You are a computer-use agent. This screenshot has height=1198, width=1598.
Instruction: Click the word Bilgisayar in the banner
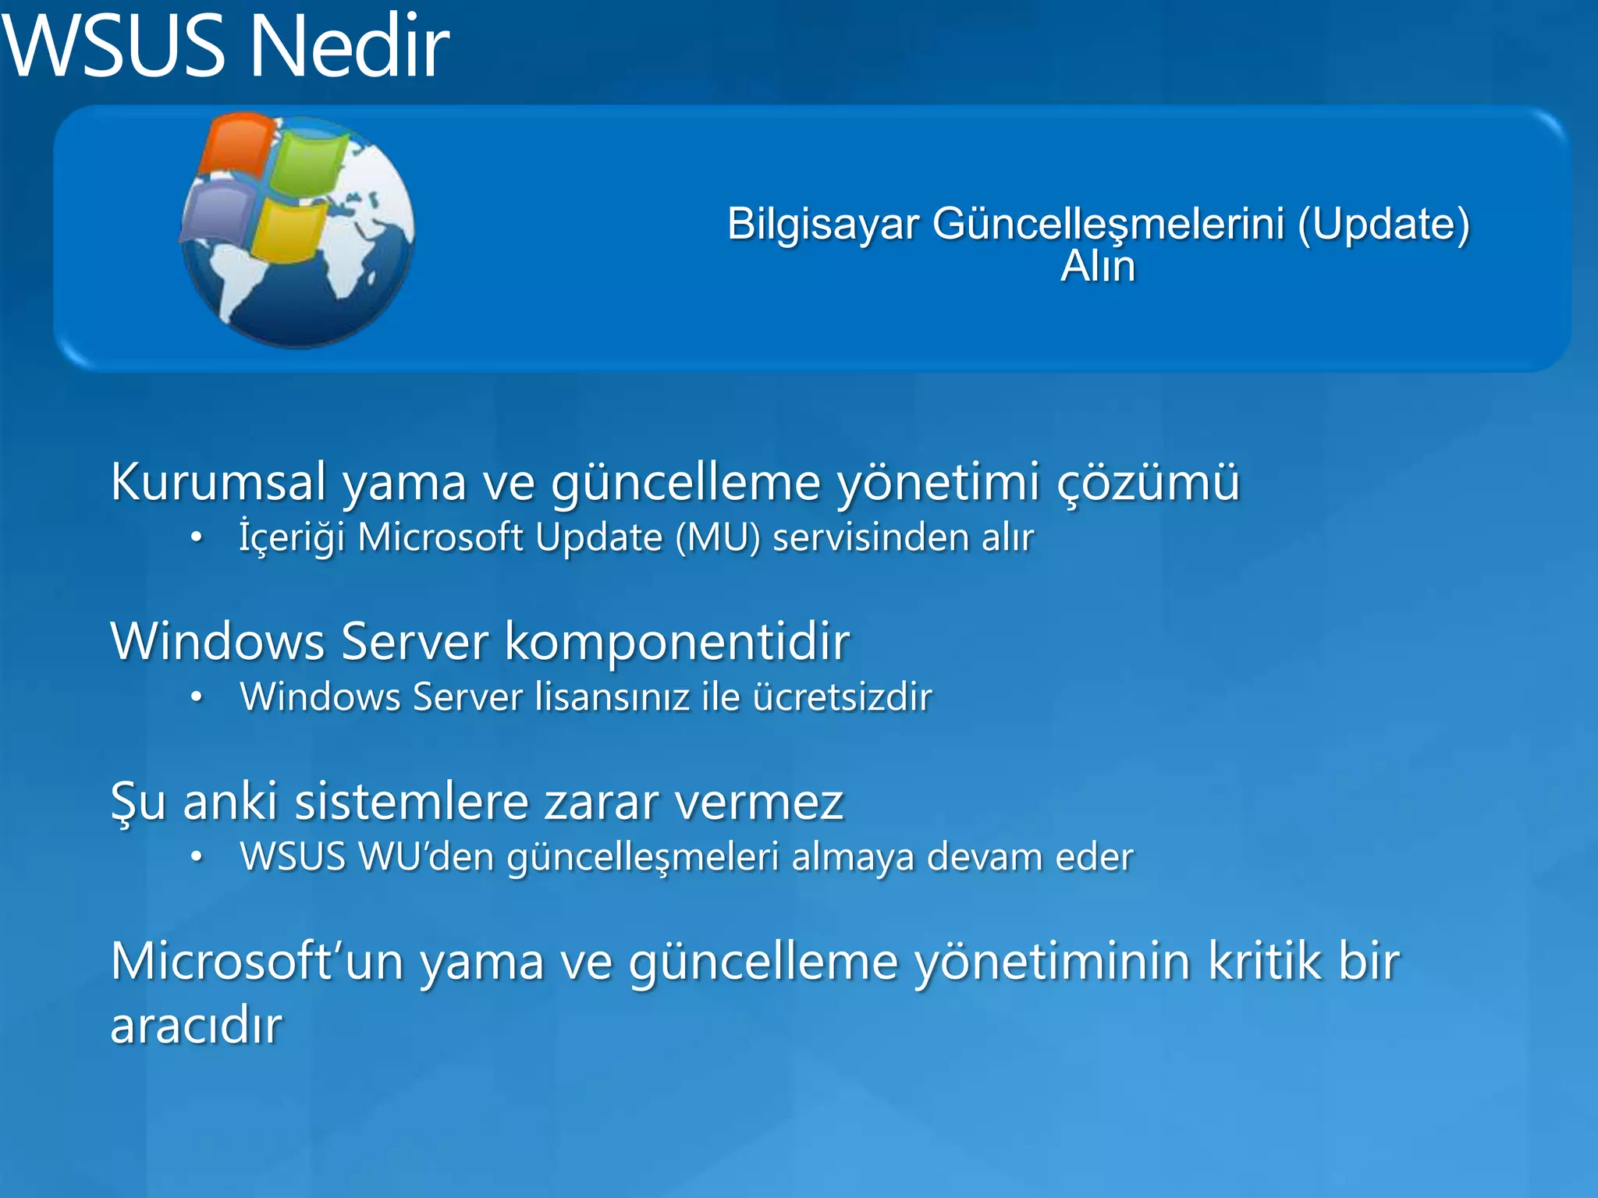pyautogui.click(x=823, y=225)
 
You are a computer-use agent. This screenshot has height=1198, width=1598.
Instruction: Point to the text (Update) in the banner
pyautogui.click(x=1384, y=225)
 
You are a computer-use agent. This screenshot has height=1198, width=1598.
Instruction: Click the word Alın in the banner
pyautogui.click(x=1098, y=266)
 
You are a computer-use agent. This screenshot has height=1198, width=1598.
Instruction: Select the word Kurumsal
pyautogui.click(x=218, y=481)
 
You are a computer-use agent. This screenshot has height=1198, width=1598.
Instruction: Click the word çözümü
pyautogui.click(x=1148, y=481)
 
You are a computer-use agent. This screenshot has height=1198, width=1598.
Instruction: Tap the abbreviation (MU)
pyautogui.click(x=717, y=537)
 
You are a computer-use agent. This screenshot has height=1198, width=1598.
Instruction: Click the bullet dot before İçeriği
pyautogui.click(x=197, y=537)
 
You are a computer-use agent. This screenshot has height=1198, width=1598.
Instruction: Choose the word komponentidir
pyautogui.click(x=677, y=641)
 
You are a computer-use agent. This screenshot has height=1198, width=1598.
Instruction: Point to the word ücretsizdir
pyautogui.click(x=842, y=696)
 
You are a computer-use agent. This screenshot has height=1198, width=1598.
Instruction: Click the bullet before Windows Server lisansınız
pyautogui.click(x=197, y=697)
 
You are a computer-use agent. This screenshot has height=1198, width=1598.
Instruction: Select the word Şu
pyautogui.click(x=138, y=802)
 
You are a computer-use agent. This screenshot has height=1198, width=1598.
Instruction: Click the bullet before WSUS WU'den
pyautogui.click(x=197, y=857)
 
